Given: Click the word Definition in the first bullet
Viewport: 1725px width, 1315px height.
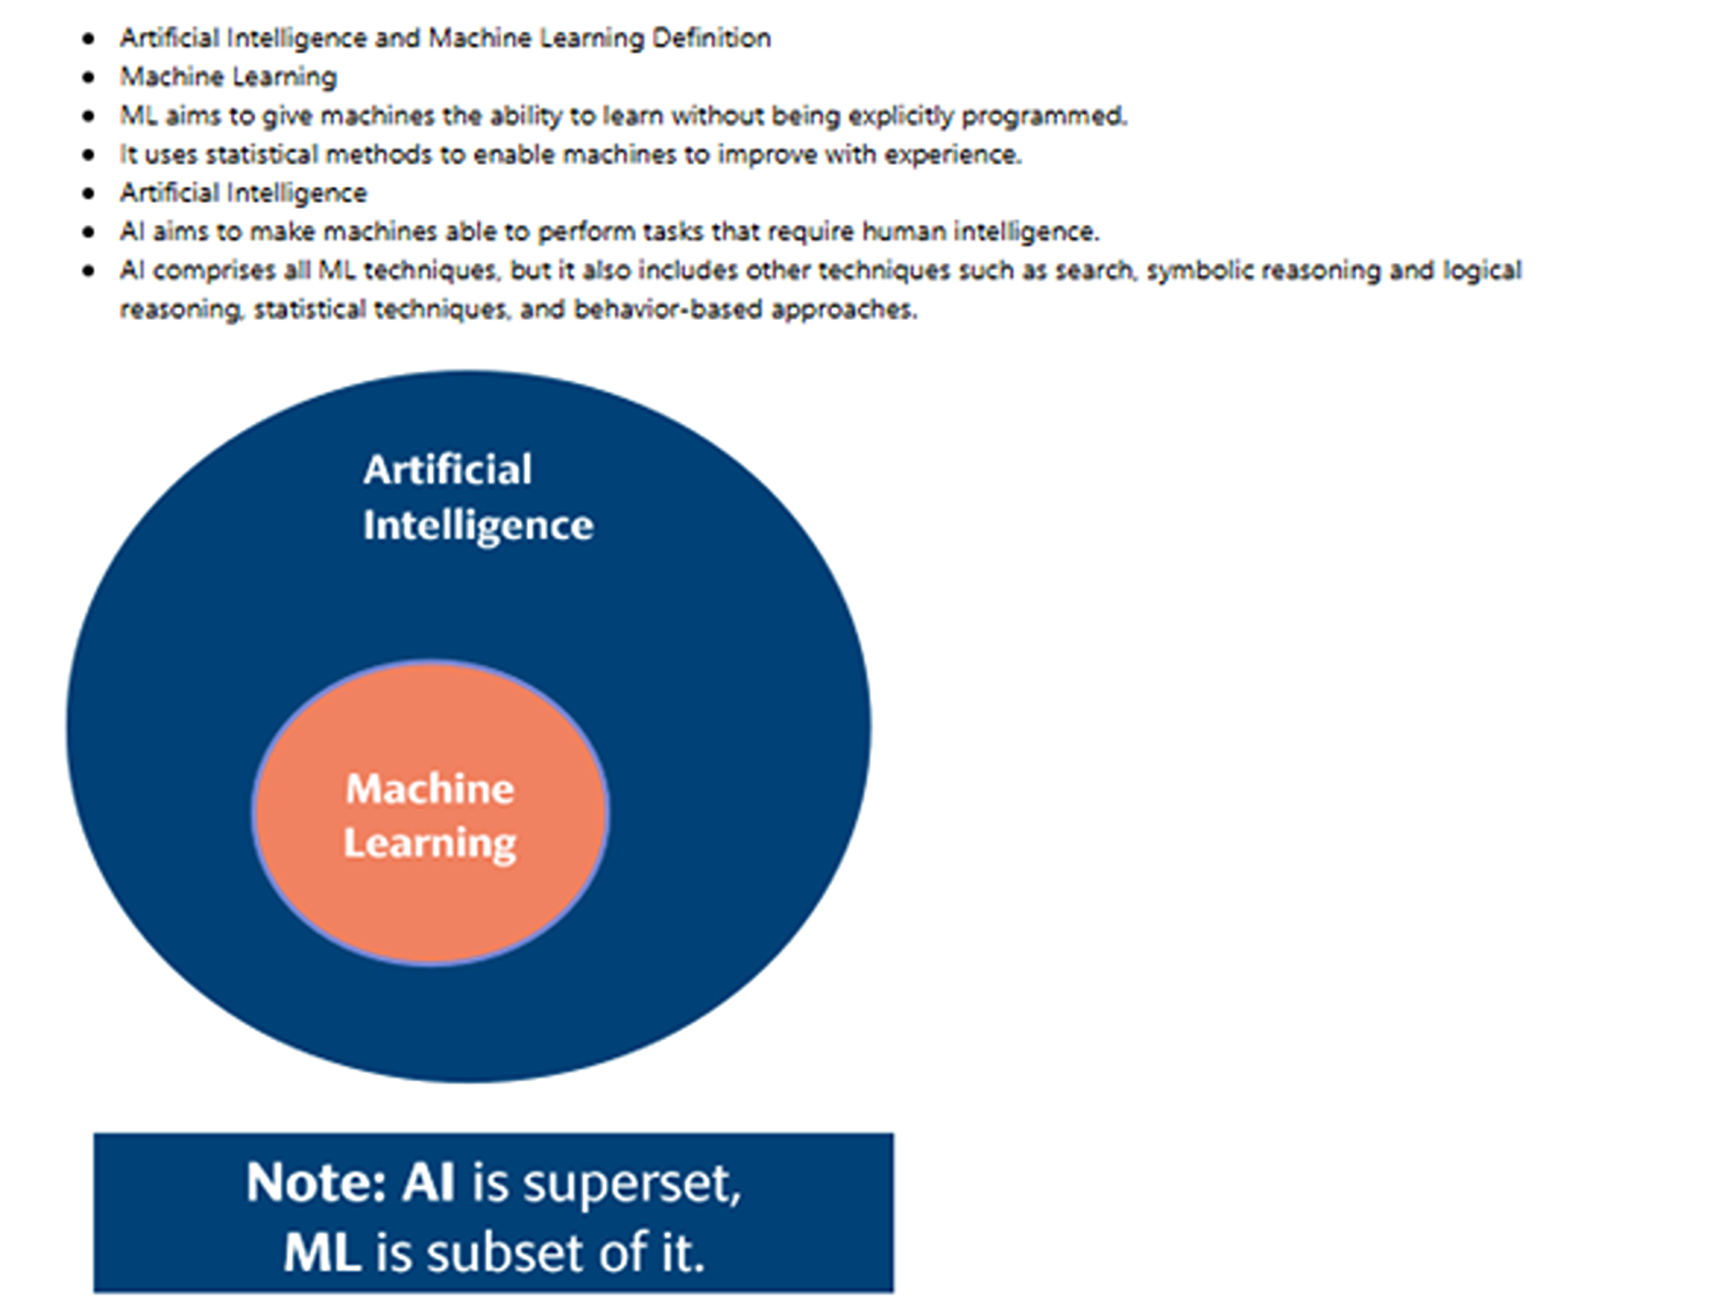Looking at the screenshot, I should [711, 38].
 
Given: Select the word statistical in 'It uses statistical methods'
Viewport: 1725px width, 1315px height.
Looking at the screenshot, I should [262, 155].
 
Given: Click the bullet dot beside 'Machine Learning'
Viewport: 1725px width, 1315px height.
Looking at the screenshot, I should [89, 77].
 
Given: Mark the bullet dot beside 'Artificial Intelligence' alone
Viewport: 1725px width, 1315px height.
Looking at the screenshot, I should [89, 193].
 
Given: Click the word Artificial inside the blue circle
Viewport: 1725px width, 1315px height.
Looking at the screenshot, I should [448, 470].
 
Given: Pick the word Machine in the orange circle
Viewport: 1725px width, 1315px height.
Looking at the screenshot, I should [430, 788].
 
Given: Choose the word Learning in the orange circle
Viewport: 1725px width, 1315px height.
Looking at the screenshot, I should [430, 843].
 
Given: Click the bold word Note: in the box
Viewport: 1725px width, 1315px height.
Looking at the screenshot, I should [316, 1182].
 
